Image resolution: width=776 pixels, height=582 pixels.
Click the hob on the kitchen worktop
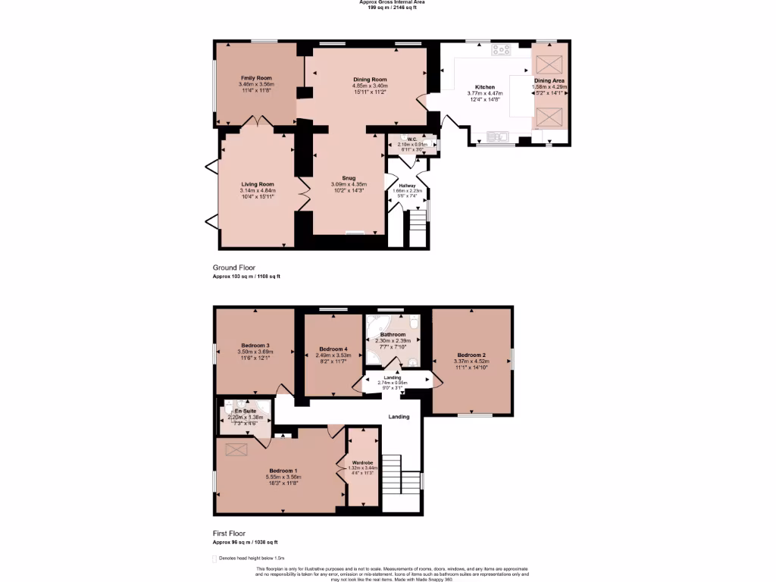[502, 50]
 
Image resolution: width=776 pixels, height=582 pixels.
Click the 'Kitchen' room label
[484, 87]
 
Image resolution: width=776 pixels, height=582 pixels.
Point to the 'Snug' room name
[349, 178]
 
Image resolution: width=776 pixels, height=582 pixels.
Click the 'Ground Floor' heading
[234, 268]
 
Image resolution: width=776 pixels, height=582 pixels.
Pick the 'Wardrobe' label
[362, 462]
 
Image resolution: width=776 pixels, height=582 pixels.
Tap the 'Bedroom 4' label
[331, 349]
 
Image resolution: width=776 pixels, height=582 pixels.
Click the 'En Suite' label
[244, 411]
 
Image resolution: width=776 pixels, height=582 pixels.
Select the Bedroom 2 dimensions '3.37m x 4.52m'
[471, 361]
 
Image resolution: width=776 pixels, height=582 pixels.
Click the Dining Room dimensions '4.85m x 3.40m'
[370, 86]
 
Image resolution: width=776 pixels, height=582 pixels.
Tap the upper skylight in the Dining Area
[550, 63]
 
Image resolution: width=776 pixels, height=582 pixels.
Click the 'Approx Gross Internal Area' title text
[387, 2]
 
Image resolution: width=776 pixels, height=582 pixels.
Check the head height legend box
[214, 559]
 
